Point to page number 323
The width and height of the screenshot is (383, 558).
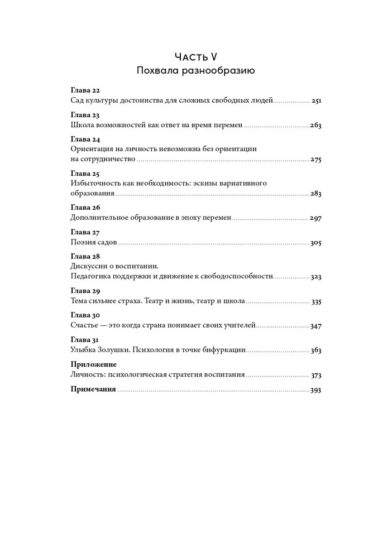pyautogui.click(x=317, y=276)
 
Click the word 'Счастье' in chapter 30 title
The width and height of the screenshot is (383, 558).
pyautogui.click(x=87, y=325)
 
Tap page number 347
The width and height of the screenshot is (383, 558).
pyautogui.click(x=317, y=325)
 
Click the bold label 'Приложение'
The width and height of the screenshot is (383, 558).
pyautogui.click(x=93, y=364)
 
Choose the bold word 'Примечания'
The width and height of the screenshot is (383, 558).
pyautogui.click(x=94, y=389)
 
